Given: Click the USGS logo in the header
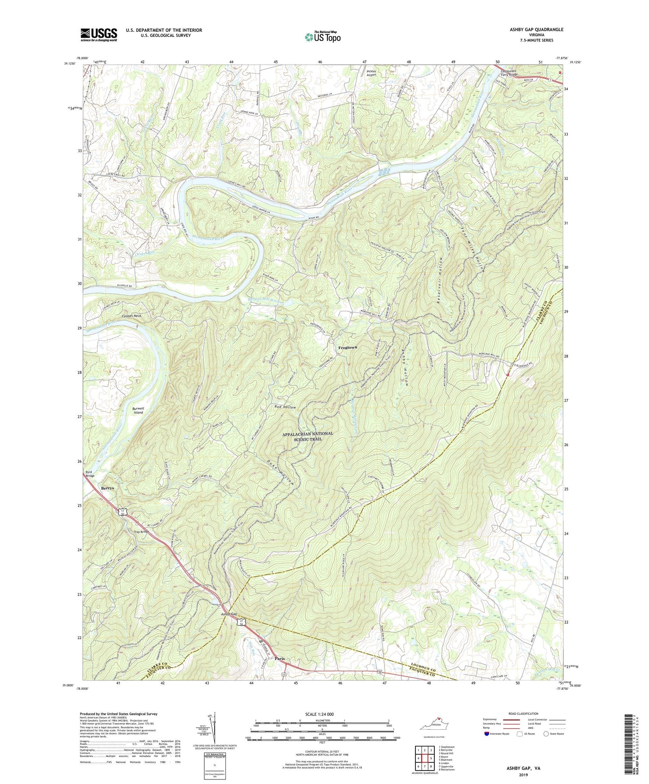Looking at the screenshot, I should point(99,35).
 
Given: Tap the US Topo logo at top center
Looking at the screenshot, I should point(322,37).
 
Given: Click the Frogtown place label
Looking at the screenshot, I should point(348,348).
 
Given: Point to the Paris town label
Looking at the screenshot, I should point(280,659).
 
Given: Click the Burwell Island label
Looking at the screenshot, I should point(138,410).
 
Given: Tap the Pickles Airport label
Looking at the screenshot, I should point(371,73).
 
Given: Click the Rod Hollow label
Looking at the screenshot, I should point(285,407).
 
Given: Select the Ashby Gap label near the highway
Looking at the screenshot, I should point(229,615).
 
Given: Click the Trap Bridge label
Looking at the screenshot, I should point(141,532).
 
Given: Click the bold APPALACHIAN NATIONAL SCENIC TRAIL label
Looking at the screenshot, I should point(308,436).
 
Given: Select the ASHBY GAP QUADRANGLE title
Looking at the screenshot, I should point(530,30).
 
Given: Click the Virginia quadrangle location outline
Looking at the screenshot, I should point(434,726).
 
